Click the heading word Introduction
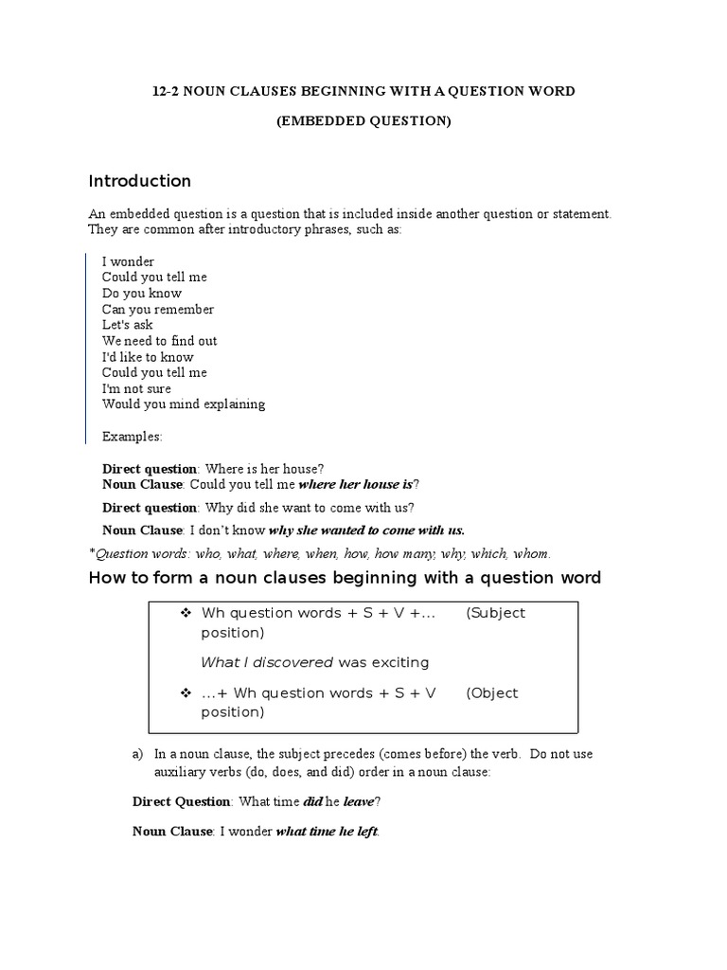[x=139, y=181]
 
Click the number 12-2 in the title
[x=167, y=91]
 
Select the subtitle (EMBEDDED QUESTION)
[x=363, y=120]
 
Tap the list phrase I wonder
[x=128, y=261]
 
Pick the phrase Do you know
[x=141, y=294]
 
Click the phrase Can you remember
[x=158, y=310]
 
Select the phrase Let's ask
[x=126, y=325]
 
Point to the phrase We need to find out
[x=160, y=341]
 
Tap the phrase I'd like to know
[x=148, y=357]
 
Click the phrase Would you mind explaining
[x=184, y=404]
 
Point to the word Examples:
[x=133, y=437]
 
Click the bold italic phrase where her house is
[x=355, y=484]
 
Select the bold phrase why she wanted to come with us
[x=366, y=530]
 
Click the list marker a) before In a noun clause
[x=138, y=754]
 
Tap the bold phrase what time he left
[x=327, y=832]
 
